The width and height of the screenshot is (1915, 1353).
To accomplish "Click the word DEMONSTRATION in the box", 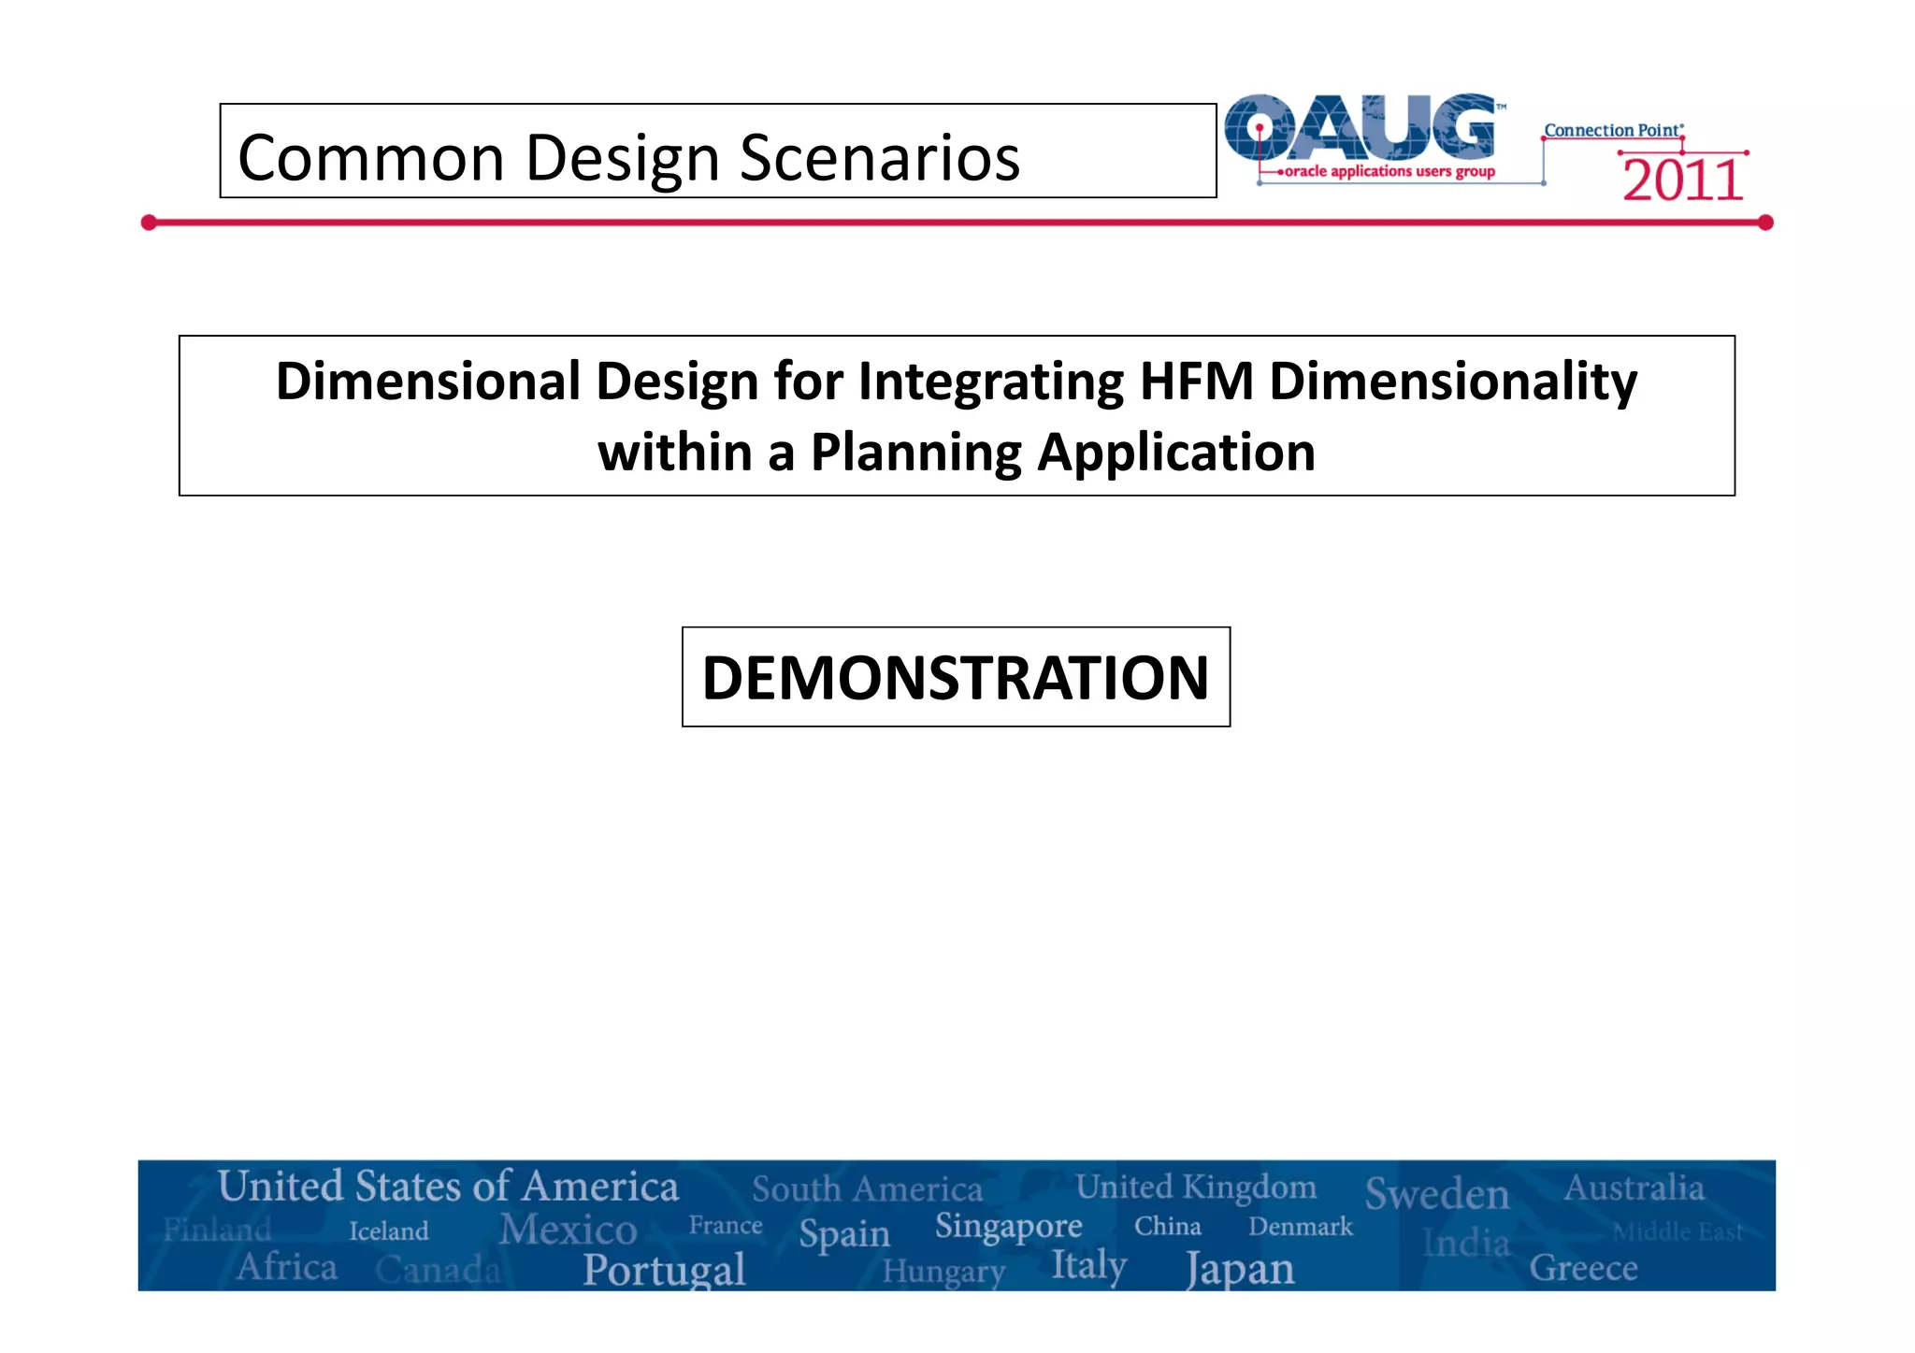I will click(956, 678).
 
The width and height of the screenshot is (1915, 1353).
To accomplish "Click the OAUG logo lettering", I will click(1361, 127).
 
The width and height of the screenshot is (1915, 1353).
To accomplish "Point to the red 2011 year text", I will click(1682, 180).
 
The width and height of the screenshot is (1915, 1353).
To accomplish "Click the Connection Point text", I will click(1612, 131).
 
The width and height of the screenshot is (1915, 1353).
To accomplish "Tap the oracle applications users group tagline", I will click(1389, 171).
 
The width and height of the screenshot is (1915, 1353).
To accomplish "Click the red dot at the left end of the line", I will click(149, 223).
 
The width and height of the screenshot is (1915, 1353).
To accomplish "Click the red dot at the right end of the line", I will click(1765, 223).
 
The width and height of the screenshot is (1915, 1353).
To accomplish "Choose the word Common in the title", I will click(371, 157).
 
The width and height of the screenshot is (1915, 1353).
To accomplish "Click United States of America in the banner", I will click(448, 1187).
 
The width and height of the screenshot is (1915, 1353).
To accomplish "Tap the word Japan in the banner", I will click(1240, 1270).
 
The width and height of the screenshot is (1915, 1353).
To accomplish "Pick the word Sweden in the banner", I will click(1437, 1194).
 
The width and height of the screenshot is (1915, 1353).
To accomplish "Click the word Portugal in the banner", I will click(664, 1270).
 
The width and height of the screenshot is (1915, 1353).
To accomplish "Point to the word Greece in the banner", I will click(1583, 1268).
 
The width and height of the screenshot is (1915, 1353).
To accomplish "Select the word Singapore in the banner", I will click(1008, 1226).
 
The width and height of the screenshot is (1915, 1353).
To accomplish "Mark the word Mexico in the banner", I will click(568, 1230).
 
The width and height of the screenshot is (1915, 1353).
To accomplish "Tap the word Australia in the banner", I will click(1634, 1187).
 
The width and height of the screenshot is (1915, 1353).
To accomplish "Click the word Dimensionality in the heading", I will click(1452, 381).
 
